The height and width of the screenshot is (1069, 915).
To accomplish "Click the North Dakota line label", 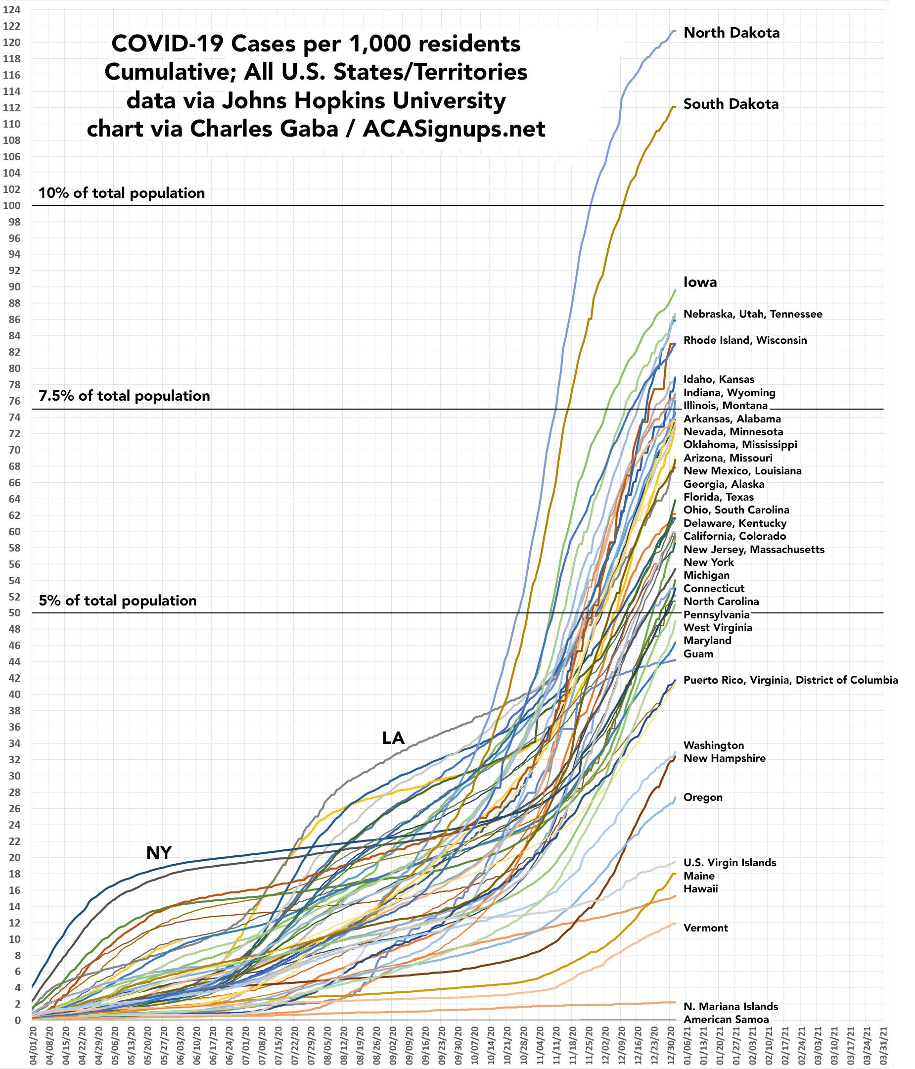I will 731,33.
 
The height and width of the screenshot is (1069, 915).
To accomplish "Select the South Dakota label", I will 731,104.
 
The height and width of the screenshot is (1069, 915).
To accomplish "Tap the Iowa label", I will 700,282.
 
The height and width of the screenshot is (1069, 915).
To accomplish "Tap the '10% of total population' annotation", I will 122,193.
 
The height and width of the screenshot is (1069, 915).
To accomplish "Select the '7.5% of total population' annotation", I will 124,396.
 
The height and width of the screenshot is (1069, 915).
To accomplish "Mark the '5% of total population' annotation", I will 118,601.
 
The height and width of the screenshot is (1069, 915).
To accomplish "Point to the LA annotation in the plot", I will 393,738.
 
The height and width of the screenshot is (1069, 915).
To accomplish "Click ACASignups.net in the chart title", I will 454,129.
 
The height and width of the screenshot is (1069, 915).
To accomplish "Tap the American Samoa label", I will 726,1020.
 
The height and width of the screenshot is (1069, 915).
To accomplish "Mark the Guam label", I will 698,654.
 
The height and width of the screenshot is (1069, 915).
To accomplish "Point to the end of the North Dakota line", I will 675,31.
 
